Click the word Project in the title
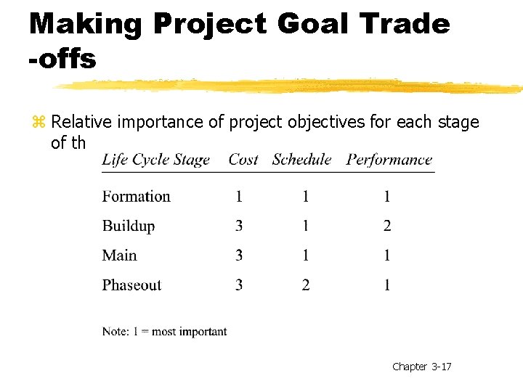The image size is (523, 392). click(209, 25)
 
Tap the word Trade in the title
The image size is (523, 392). click(405, 24)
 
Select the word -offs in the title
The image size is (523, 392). click(62, 60)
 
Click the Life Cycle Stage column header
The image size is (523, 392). click(155, 160)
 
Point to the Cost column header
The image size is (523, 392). click(243, 160)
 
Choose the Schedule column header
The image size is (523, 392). click(301, 160)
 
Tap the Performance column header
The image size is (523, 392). click(389, 160)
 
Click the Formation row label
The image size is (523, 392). click(136, 196)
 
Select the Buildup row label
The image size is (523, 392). click(129, 226)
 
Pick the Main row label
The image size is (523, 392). click(119, 256)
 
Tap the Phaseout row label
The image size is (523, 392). click(131, 285)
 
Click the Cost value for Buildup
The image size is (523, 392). click(239, 226)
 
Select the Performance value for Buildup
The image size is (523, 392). click(387, 226)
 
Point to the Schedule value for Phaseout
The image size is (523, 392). click(306, 285)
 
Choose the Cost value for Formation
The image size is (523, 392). click(239, 196)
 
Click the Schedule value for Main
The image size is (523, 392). click(306, 256)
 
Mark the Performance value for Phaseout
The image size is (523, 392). click(387, 285)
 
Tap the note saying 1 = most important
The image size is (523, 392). click(164, 332)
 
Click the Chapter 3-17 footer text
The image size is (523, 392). click(421, 367)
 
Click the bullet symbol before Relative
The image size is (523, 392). click(39, 122)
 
